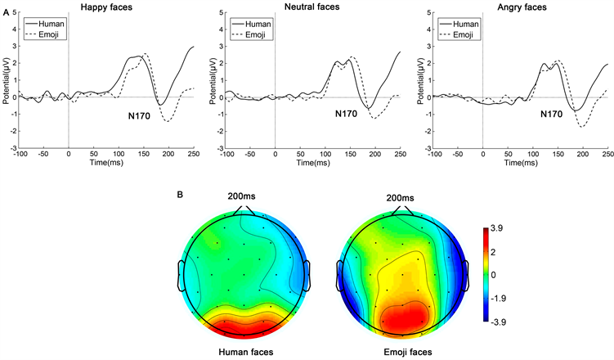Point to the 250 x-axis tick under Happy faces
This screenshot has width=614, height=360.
pos(194,154)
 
